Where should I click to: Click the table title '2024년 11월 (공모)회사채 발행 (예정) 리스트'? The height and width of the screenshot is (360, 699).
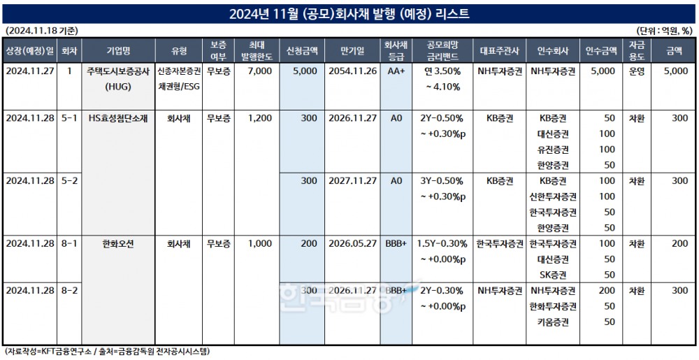(x=349, y=14)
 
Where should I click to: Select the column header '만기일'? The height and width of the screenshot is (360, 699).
(x=352, y=51)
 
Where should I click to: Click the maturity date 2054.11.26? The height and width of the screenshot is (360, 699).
(x=352, y=71)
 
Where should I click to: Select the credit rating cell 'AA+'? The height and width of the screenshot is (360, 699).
(x=397, y=71)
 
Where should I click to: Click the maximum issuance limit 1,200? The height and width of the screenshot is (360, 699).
(x=259, y=119)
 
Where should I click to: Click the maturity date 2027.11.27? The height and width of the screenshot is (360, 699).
(x=352, y=181)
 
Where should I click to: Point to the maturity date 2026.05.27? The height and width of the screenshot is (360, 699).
(x=352, y=244)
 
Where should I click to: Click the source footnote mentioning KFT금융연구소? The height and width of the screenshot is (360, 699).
(x=108, y=351)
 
